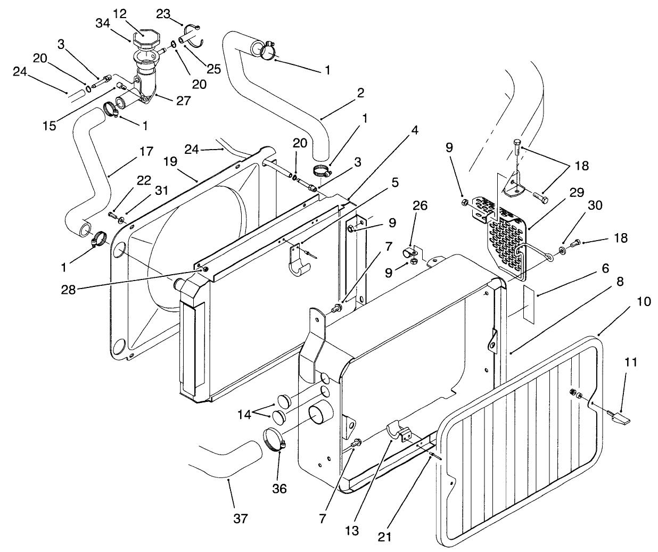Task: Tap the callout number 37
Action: click(241, 518)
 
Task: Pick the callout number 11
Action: click(630, 363)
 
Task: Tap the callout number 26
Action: click(420, 205)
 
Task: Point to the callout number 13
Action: click(352, 530)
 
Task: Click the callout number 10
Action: click(644, 301)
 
